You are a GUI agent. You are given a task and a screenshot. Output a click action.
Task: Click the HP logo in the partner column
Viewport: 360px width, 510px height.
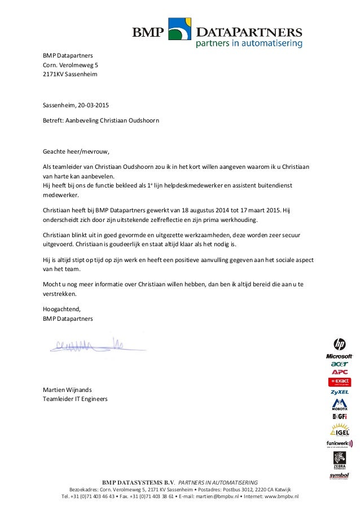340,343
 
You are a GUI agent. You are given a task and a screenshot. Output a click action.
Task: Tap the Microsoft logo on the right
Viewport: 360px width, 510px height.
339,356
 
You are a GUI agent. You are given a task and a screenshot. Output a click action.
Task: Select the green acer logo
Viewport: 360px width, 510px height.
340,364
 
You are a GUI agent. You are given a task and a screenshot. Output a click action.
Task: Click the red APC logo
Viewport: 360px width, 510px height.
340,372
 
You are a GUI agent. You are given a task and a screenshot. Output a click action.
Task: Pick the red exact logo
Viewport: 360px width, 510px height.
340,382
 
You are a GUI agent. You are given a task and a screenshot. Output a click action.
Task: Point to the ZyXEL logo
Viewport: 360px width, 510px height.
340,392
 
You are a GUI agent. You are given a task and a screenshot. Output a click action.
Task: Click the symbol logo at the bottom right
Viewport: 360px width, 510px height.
339,476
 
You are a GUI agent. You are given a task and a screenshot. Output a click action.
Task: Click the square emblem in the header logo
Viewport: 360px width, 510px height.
180,29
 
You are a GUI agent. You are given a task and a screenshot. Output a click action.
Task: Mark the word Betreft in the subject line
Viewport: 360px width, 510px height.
54,120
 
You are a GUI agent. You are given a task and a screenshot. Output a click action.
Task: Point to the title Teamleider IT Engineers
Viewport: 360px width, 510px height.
75,399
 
